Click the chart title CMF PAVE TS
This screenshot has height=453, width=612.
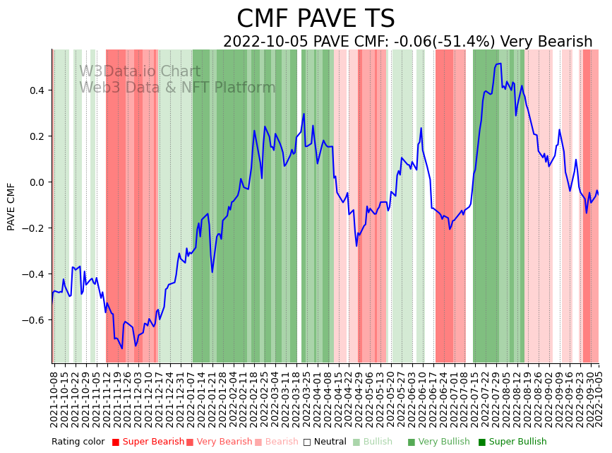[316, 19]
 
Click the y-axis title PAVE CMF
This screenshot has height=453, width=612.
[11, 206]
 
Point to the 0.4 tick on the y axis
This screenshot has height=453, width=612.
[36, 90]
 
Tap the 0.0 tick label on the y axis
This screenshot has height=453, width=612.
[36, 182]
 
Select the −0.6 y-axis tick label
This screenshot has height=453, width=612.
[33, 320]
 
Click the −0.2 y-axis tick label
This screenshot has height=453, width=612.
[33, 228]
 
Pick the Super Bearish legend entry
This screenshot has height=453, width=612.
[148, 442]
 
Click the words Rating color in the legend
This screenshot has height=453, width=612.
[78, 442]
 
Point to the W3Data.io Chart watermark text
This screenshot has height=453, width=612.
[140, 71]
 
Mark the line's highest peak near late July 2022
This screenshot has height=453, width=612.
[499, 64]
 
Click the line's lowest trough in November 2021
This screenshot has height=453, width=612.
[122, 348]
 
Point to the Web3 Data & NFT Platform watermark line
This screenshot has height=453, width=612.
[177, 88]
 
